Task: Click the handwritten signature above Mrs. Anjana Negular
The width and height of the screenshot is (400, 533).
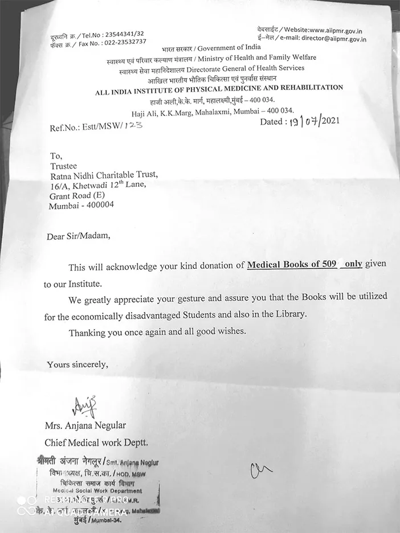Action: pos(85,407)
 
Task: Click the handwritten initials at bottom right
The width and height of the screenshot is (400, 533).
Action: pos(262,469)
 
